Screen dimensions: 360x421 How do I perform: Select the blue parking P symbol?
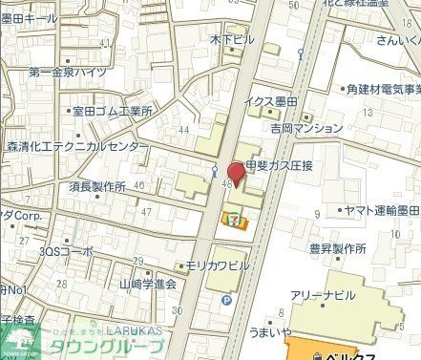coord(226,299)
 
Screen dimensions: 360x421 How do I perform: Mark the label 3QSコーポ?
coord(66,250)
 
